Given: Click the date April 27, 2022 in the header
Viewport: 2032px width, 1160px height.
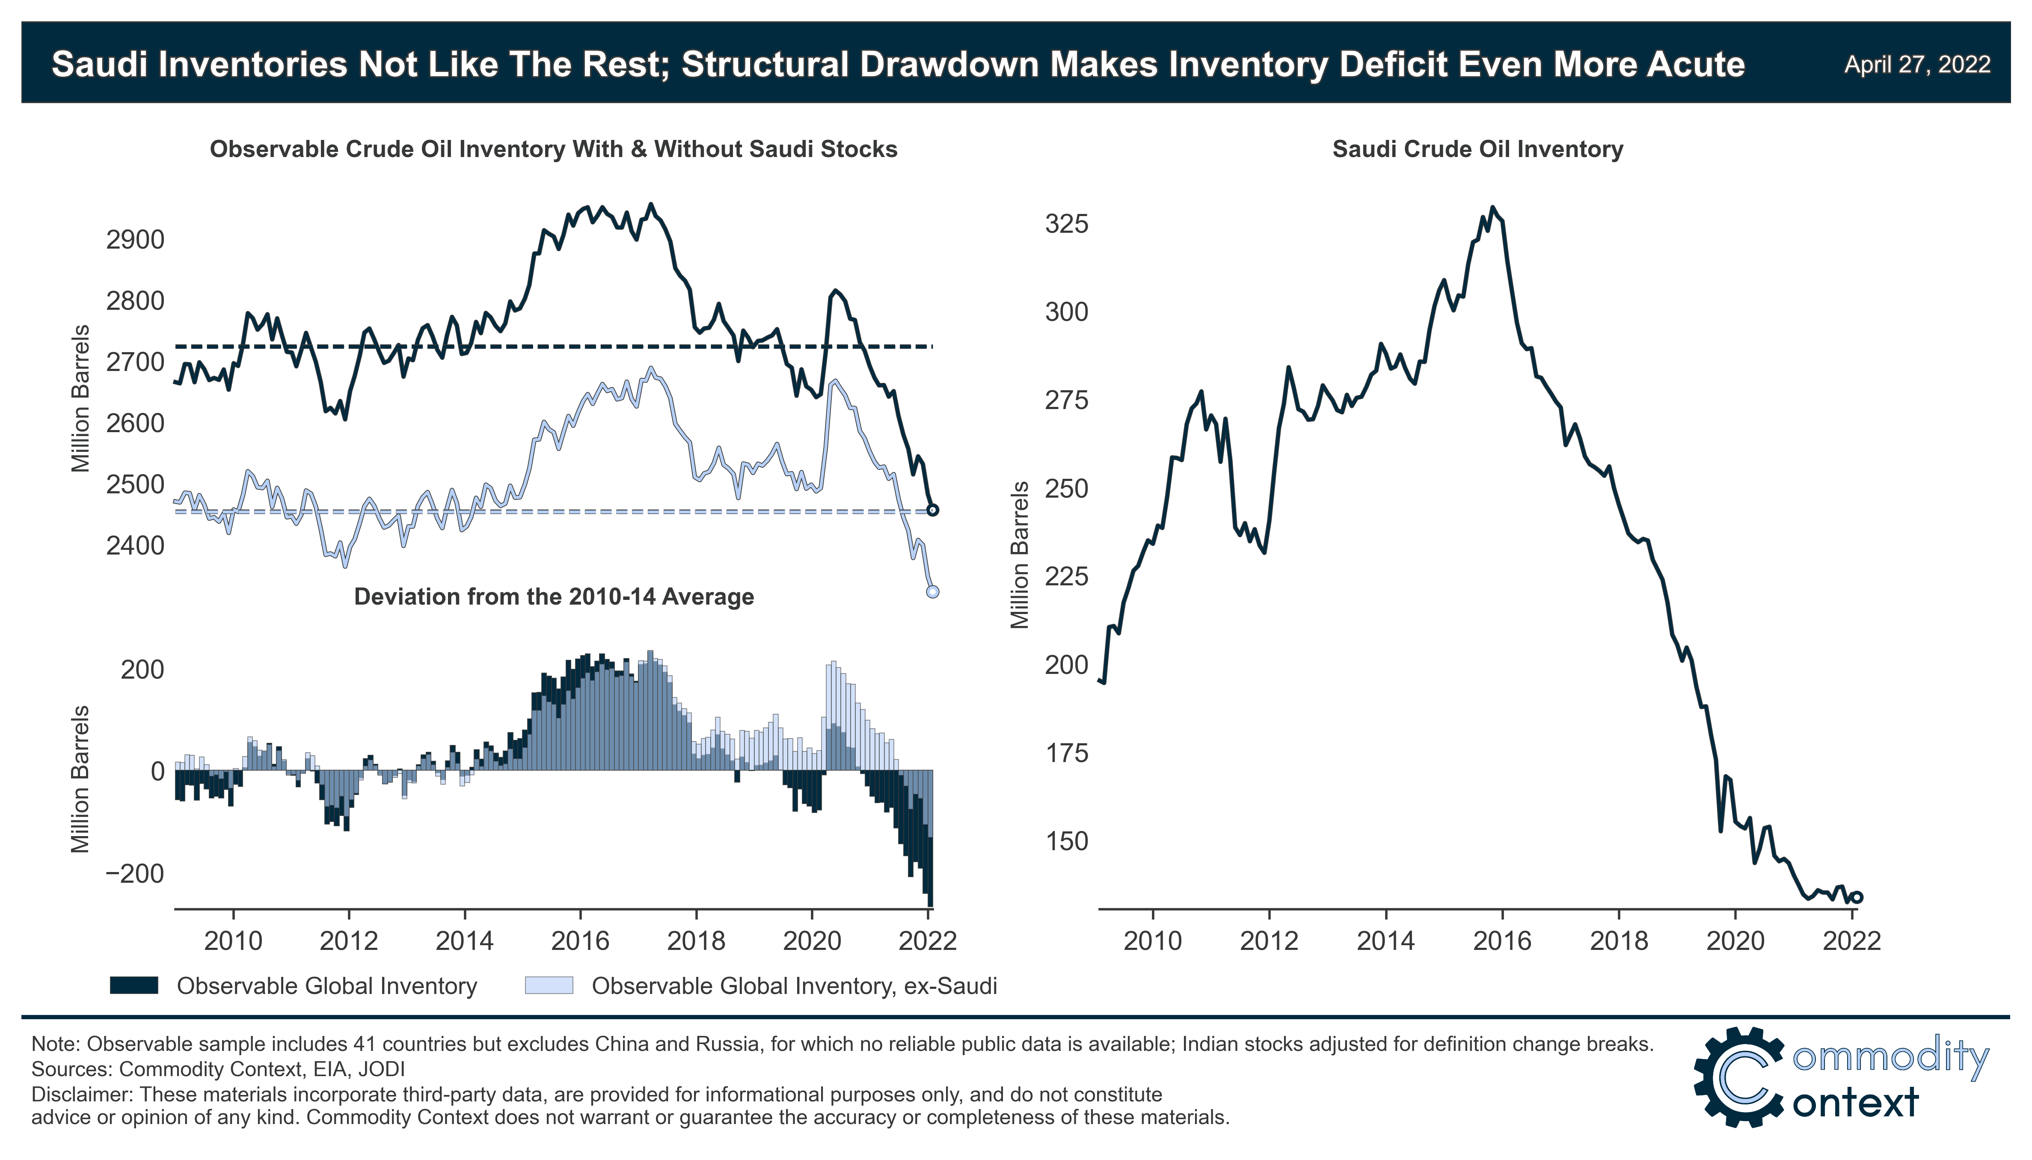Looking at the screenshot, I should [1916, 65].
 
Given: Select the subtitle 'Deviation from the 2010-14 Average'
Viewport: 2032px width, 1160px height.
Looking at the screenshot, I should [554, 597].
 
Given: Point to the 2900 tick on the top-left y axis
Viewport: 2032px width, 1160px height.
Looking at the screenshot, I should [135, 239].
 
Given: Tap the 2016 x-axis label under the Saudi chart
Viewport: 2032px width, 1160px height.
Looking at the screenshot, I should [1501, 941].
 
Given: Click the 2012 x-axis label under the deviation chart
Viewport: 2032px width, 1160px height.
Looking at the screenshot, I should [349, 941].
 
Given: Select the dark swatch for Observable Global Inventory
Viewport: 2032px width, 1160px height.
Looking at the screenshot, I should [134, 985].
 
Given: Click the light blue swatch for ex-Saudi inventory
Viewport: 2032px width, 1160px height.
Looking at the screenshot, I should [549, 985].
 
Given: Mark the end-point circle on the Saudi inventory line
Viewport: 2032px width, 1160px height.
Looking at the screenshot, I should [1857, 897].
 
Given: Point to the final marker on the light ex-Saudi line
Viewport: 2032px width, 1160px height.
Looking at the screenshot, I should [933, 591].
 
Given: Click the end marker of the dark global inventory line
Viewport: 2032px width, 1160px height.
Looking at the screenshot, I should [933, 510].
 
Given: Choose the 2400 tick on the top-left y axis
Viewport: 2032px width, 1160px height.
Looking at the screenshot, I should [135, 546].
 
